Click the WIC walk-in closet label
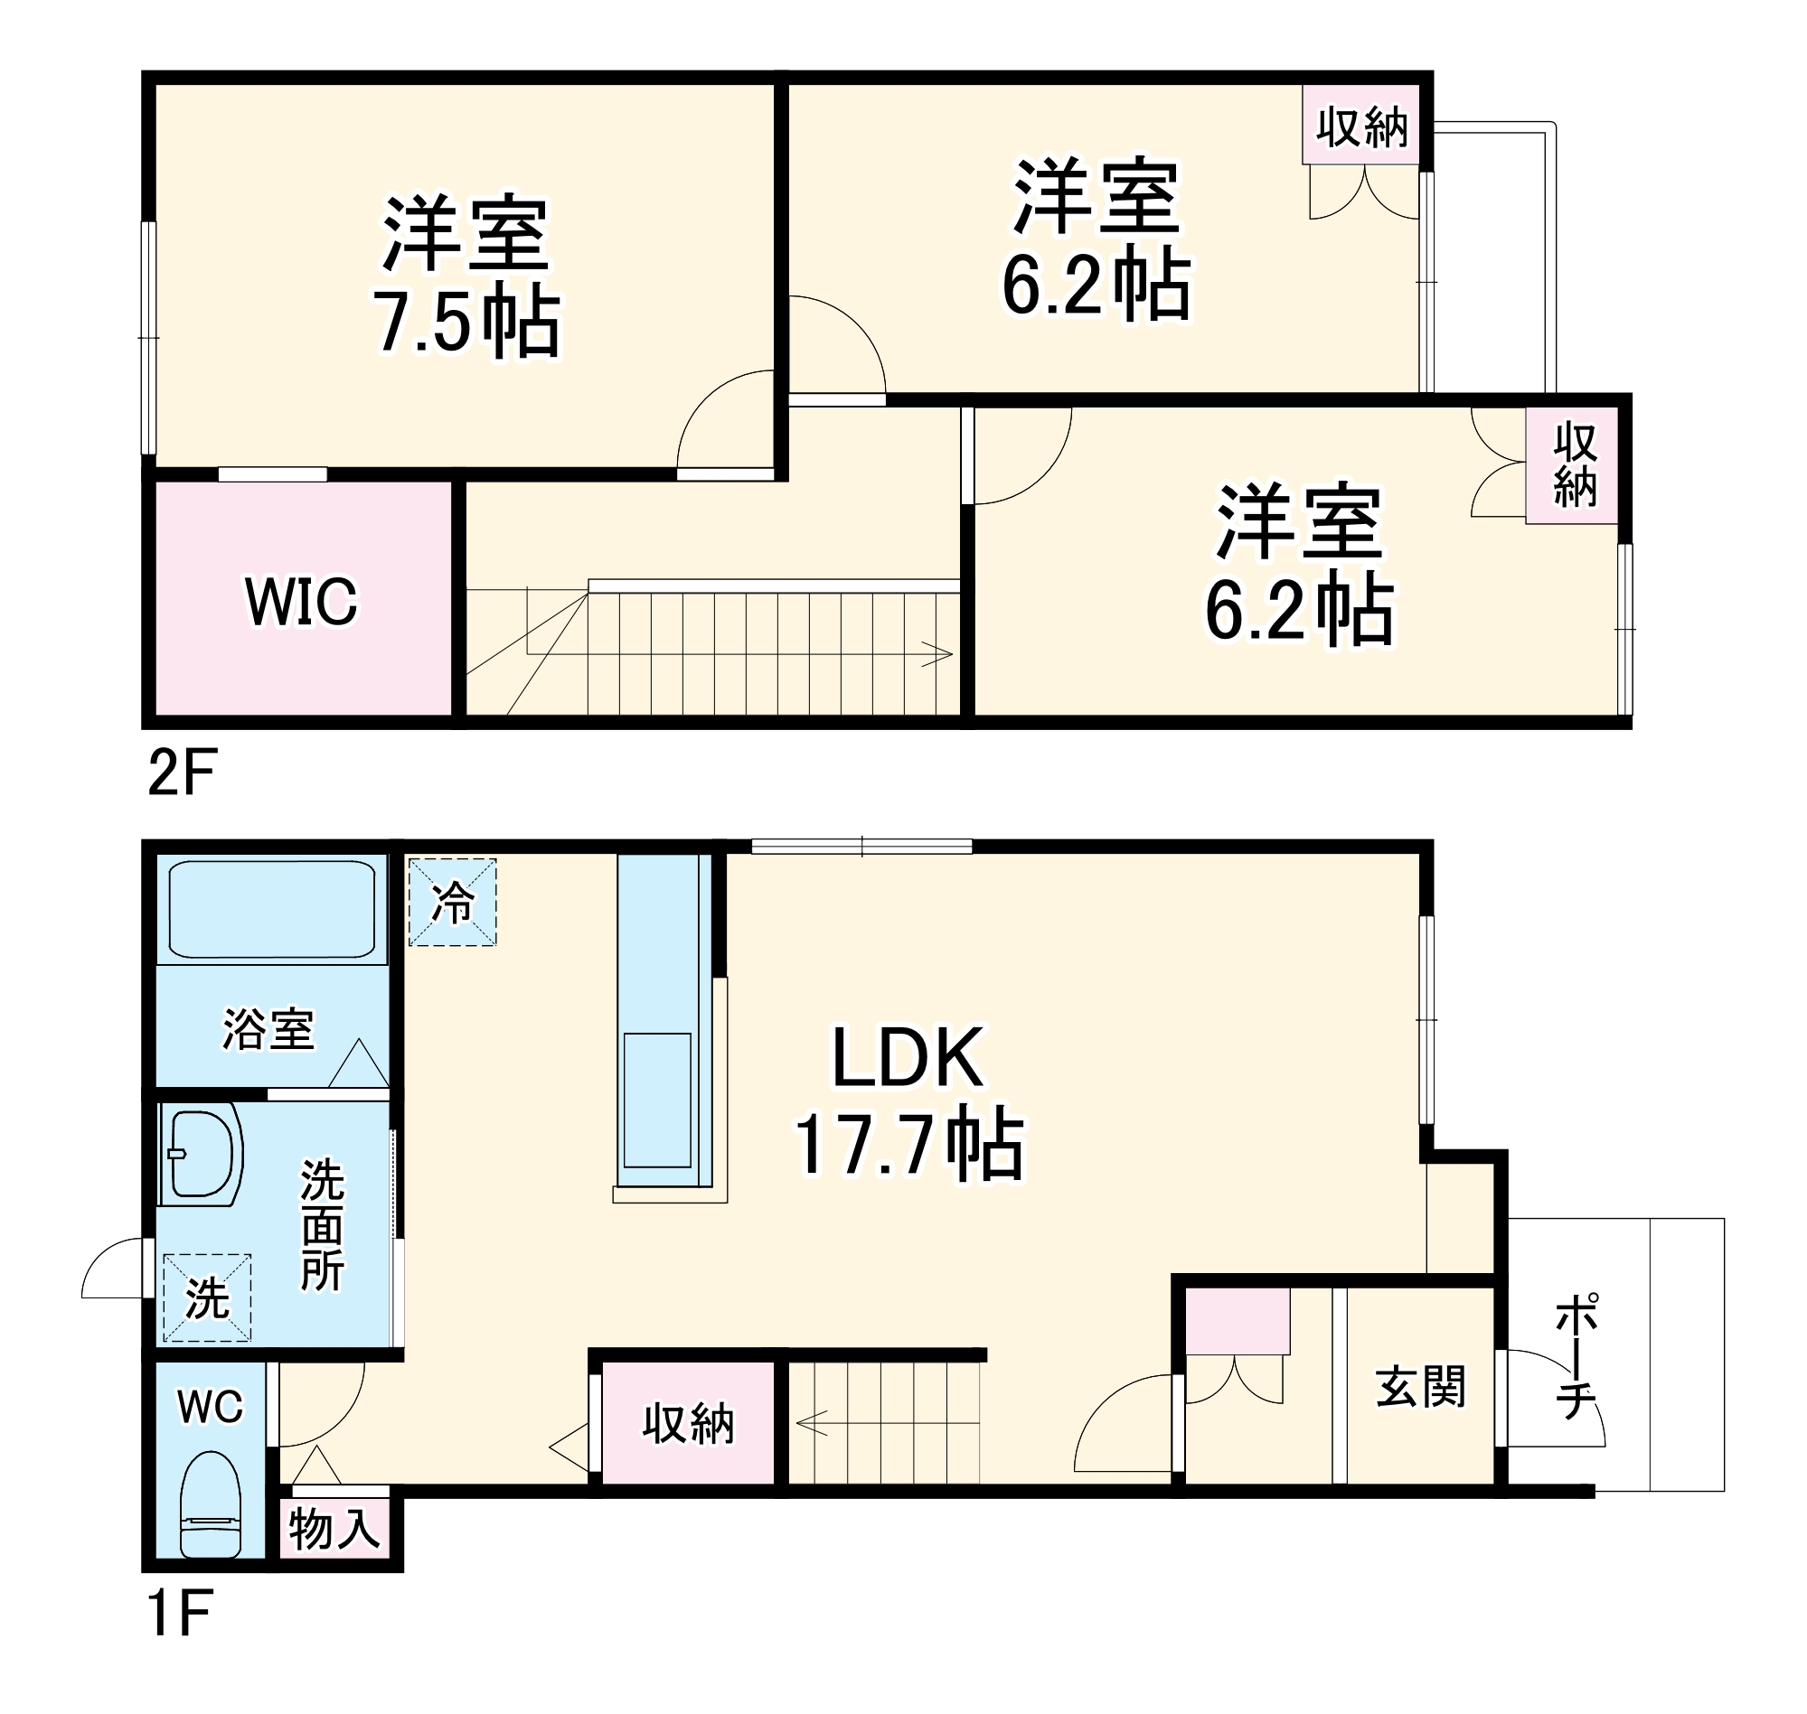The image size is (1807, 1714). (x=302, y=601)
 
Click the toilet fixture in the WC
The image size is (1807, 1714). (x=211, y=1505)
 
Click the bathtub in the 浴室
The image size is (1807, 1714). (x=271, y=908)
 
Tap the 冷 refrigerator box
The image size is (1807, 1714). (x=453, y=903)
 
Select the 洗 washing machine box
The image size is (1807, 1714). (x=208, y=1297)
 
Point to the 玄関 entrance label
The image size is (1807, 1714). (x=1420, y=1388)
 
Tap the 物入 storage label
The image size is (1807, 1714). (x=334, y=1529)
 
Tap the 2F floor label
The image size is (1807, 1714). (x=181, y=772)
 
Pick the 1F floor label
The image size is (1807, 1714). (x=179, y=1638)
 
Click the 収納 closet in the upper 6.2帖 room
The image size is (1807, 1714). (x=1362, y=127)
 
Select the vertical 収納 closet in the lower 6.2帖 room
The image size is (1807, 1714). (x=1574, y=465)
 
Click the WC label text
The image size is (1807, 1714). (x=211, y=1406)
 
